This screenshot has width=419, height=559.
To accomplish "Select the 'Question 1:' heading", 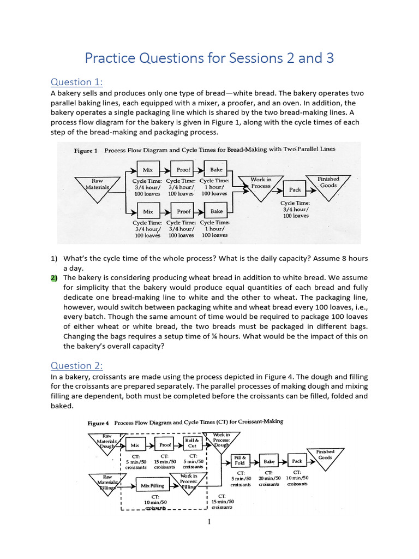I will tap(76, 82).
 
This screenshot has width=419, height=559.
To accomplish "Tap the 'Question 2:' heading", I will tap(76, 366).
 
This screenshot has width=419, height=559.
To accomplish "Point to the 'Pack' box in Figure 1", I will tap(295, 189).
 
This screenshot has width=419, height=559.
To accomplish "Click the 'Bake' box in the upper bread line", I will tap(216, 170).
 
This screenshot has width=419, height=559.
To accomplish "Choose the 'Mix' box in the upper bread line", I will tap(148, 170).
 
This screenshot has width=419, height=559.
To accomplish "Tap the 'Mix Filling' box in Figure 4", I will tap(152, 485).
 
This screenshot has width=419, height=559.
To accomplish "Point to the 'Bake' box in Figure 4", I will tap(269, 461).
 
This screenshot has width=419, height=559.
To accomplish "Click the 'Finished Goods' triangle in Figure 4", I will tap(325, 456).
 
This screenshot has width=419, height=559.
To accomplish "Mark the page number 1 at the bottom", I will tap(209, 522).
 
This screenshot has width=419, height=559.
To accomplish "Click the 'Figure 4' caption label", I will tap(98, 423).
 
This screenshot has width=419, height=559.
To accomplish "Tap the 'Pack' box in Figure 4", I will tap(297, 461).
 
